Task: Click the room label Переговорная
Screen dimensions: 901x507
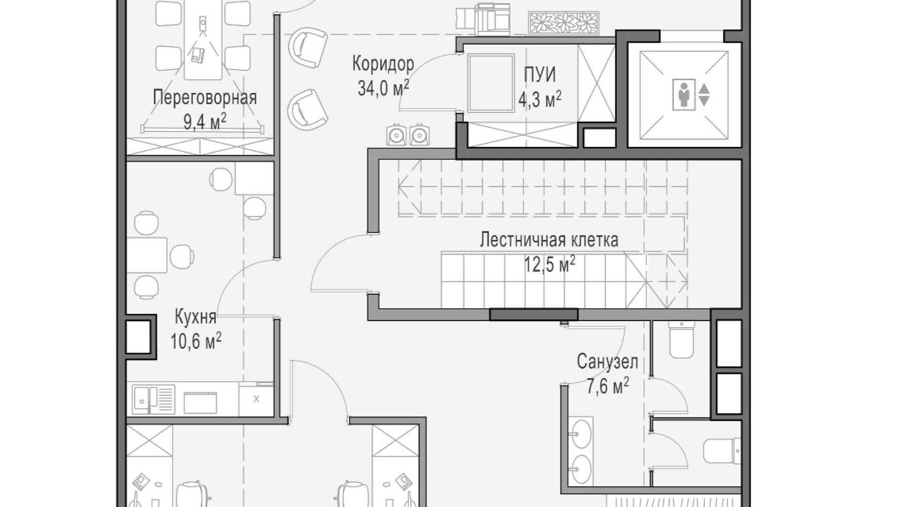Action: click(205, 98)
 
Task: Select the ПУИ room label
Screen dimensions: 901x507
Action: click(540, 75)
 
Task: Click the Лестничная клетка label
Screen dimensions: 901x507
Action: click(549, 239)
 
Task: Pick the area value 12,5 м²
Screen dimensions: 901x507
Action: click(550, 264)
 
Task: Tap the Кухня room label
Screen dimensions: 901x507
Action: click(196, 317)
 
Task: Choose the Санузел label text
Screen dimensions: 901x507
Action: click(607, 362)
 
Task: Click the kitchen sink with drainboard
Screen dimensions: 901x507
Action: click(153, 399)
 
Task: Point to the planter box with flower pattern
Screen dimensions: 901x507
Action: click(564, 23)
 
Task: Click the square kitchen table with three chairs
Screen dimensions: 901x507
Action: click(147, 255)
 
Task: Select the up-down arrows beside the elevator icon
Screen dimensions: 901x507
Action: click(704, 95)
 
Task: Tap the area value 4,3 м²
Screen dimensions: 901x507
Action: click(540, 100)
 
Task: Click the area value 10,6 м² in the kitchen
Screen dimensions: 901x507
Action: click(196, 341)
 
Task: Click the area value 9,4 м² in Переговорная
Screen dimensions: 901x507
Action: click(205, 122)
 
